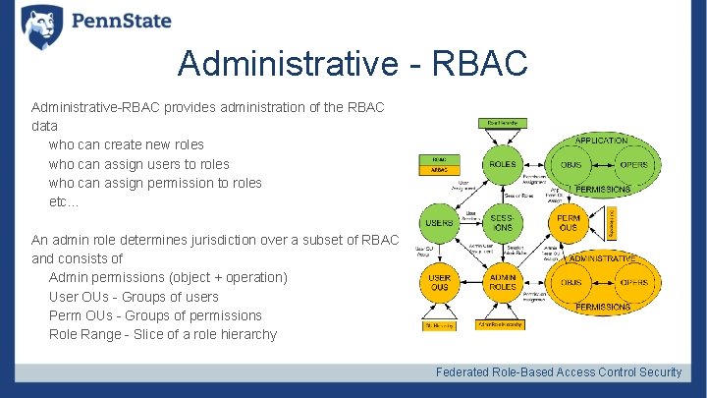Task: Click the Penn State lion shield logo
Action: point(41,24)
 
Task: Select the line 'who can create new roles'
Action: point(126,144)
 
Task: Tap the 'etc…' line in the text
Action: point(64,201)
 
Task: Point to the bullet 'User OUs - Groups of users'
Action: point(134,297)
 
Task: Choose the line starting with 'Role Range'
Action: point(162,334)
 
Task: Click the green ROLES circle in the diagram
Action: point(502,164)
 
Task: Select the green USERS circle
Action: point(439,221)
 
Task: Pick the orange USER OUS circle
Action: point(439,283)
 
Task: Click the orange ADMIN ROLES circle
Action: point(502,283)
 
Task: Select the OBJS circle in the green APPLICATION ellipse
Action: point(571,164)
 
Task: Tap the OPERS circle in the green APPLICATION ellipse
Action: point(633,164)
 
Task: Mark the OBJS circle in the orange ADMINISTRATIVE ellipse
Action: point(571,283)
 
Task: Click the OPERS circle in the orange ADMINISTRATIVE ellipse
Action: point(633,283)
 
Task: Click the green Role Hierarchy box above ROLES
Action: point(502,122)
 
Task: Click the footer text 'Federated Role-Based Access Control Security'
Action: point(558,371)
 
